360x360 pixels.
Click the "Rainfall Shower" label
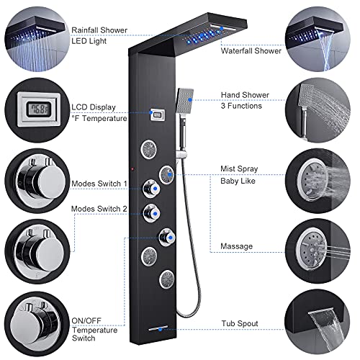point(99,30)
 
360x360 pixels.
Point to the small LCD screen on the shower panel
point(158,113)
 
